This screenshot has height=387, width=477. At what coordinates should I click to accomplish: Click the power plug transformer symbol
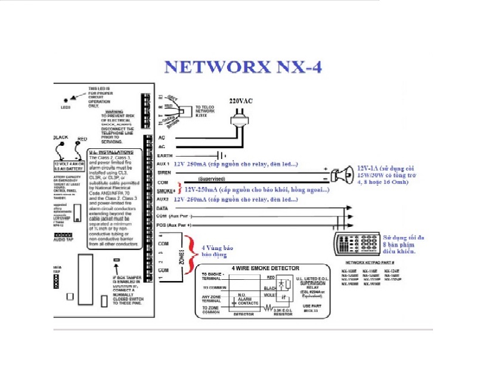point(240,121)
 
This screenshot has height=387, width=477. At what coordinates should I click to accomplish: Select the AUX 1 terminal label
point(164,163)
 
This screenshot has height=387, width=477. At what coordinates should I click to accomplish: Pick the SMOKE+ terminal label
point(166,191)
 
